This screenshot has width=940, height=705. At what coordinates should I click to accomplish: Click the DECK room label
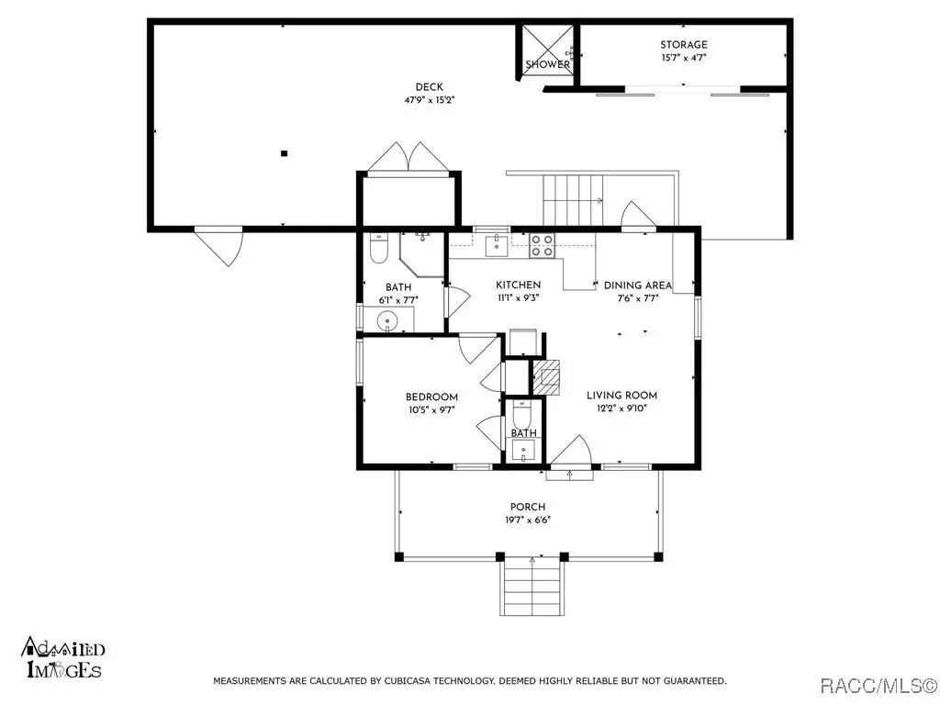(x=430, y=87)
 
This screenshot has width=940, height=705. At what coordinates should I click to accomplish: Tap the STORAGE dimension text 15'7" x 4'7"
(x=683, y=58)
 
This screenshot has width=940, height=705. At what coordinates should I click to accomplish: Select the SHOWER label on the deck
(x=548, y=64)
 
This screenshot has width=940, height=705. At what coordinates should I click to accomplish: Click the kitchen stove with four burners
(x=542, y=246)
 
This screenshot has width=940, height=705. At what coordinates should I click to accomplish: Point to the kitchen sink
(x=497, y=246)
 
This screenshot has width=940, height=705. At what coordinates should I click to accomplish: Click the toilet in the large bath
(x=379, y=248)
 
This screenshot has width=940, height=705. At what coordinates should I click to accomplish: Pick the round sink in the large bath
(x=388, y=320)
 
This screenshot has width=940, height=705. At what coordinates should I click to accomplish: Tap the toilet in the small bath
(x=521, y=412)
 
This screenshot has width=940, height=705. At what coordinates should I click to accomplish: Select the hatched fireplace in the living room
(x=547, y=377)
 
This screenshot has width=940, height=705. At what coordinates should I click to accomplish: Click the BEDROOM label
(x=431, y=397)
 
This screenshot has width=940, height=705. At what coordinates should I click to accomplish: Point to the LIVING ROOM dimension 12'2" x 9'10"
(x=621, y=408)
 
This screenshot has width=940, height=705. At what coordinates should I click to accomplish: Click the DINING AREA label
(x=638, y=285)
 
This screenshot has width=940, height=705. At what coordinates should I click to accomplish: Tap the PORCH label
(x=528, y=507)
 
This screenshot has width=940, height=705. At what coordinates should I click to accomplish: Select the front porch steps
(x=532, y=586)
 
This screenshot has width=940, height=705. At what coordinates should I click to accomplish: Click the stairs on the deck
(x=573, y=200)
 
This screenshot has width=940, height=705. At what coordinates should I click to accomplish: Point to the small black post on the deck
(x=285, y=153)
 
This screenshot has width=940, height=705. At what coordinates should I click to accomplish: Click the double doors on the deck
(x=408, y=158)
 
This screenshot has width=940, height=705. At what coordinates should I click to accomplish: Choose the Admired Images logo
(x=63, y=657)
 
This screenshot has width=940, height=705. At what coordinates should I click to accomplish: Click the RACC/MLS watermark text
(x=878, y=685)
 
